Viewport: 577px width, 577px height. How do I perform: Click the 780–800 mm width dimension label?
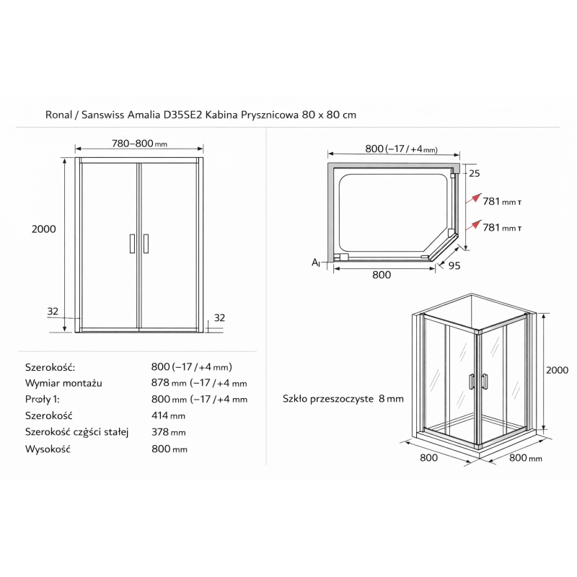coord(139,143)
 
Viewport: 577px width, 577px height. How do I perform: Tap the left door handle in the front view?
coord(133,244)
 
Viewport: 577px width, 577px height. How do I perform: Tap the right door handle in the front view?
coord(146,244)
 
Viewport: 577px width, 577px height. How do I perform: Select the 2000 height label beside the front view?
coord(44,229)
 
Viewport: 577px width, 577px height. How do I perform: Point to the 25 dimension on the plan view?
coord(475,173)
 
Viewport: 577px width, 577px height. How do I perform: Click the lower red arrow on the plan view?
coord(474,225)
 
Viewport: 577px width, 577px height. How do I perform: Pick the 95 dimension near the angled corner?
coord(454,265)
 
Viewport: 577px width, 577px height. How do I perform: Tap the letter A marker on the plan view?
coord(316,263)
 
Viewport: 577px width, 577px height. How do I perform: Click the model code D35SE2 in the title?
coord(183,115)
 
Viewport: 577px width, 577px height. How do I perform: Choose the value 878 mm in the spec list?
coord(169,383)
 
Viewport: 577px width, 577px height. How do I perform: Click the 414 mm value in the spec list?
coord(168,415)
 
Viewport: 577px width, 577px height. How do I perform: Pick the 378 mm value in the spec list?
coord(169,431)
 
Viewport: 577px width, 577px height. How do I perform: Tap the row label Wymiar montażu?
coord(63,383)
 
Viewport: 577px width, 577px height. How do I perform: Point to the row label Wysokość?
coord(48,449)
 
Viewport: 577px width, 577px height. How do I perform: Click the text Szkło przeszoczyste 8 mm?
coord(343,399)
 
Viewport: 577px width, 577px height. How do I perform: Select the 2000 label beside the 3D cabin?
coord(557,370)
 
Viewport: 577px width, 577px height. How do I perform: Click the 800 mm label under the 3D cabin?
coord(526,458)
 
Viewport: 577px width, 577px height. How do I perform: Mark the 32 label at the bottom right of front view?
coord(219,317)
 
